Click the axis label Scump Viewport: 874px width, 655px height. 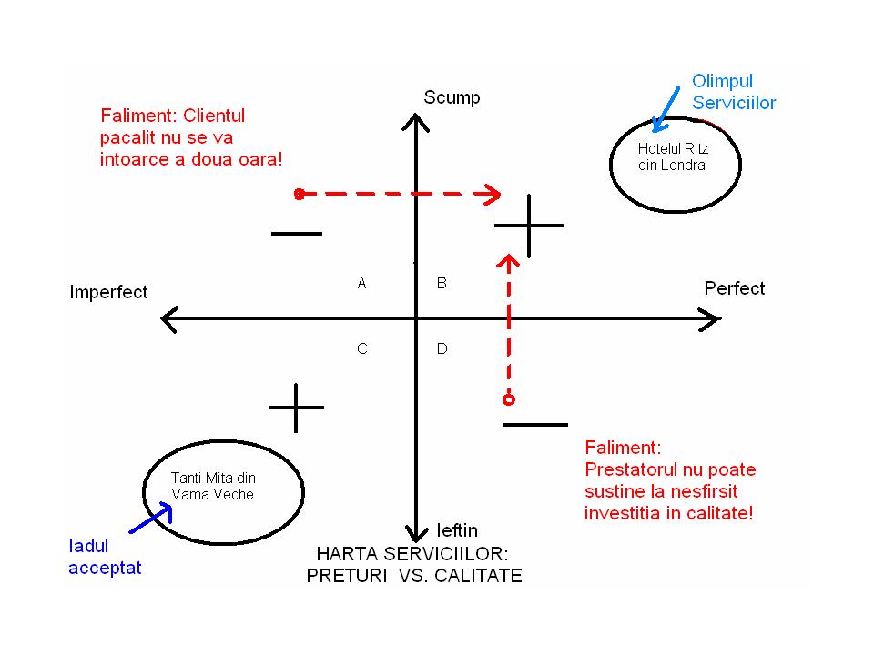coord(452,98)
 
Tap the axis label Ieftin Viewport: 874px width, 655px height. coord(457,530)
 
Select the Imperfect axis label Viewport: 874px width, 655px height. coord(108,292)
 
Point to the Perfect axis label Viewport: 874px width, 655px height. coord(735,288)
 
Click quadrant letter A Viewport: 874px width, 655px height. coord(361,284)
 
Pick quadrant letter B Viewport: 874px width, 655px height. coord(442,284)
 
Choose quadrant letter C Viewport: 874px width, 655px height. coord(361,349)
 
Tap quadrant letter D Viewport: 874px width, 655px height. coord(442,349)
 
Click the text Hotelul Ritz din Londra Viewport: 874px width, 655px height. coord(672,156)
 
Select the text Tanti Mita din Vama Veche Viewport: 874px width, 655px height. coord(213,486)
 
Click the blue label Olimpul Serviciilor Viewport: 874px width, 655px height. coord(734,92)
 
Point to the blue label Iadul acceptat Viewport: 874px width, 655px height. coord(106,557)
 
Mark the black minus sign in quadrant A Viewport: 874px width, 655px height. coord(297,234)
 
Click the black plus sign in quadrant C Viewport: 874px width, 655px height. coord(297,407)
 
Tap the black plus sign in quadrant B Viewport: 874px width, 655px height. coord(529,224)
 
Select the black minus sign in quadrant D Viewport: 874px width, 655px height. coord(535,424)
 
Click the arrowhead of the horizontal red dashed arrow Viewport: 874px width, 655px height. coord(493,194)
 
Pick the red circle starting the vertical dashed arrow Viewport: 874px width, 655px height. coord(509,399)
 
